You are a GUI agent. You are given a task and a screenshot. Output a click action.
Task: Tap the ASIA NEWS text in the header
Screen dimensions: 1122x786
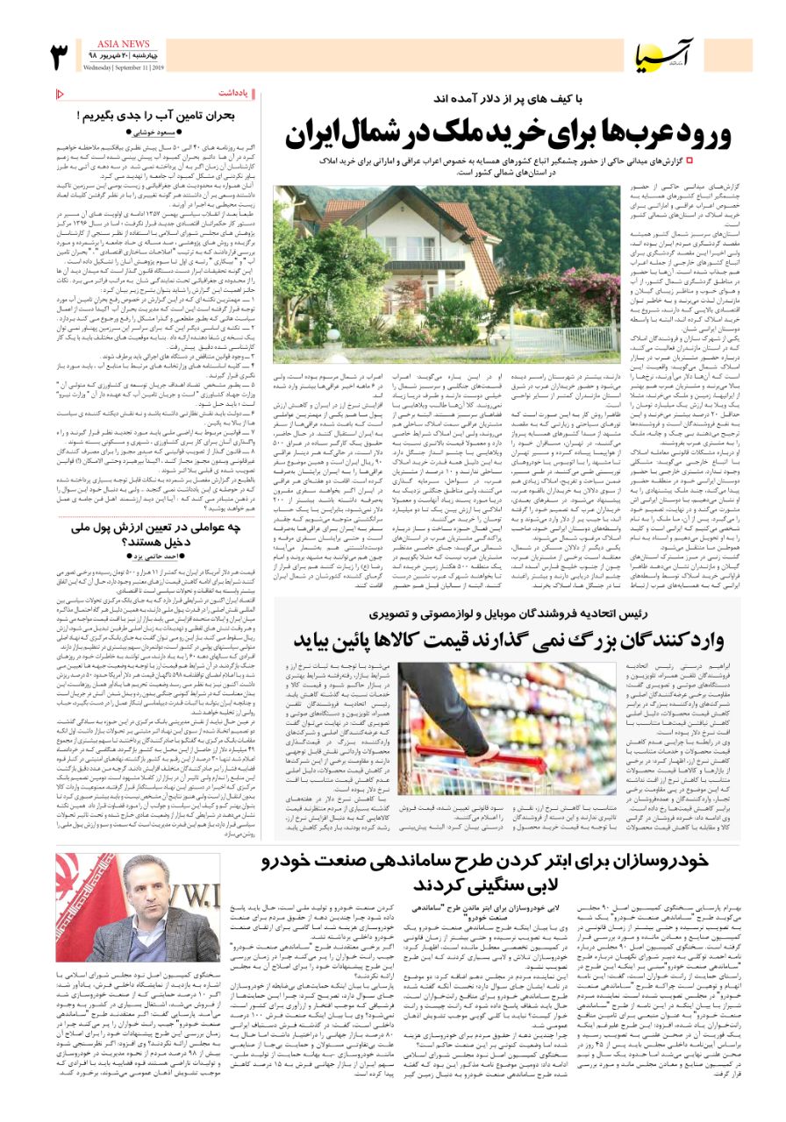125,43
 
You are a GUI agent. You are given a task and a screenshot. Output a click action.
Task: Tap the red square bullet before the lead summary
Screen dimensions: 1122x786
689,161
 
